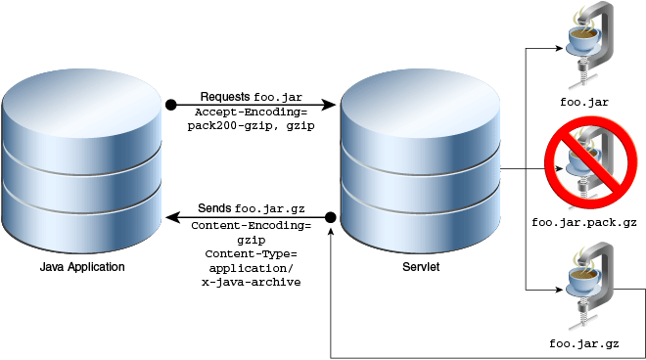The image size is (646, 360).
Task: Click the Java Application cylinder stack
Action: point(82,162)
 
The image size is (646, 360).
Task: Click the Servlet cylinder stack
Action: point(420,162)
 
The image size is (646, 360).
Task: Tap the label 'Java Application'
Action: point(82,267)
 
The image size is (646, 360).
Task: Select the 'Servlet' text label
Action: point(420,267)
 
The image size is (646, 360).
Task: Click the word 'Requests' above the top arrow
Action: point(225,97)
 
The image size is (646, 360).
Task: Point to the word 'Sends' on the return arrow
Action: point(214,208)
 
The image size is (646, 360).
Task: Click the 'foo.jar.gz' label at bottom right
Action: point(584,343)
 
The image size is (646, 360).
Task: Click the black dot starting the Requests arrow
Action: point(170,103)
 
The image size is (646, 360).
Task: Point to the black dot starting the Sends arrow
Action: point(331,216)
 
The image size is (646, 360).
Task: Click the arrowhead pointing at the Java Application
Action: point(170,216)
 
